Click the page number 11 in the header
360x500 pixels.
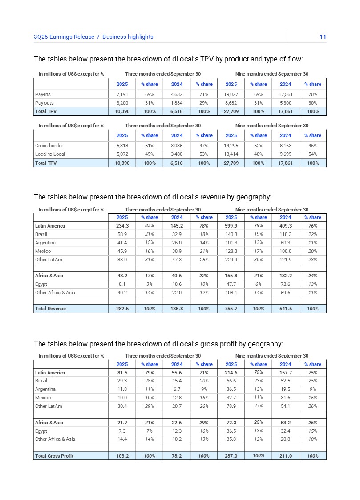point(323,37)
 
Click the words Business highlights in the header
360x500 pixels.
point(128,37)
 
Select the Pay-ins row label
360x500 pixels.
point(43,94)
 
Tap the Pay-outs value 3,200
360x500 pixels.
point(122,103)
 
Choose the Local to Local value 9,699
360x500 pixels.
point(285,154)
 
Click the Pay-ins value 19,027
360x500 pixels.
point(231,94)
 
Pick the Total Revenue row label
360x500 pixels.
point(50,309)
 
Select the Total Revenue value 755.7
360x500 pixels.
point(231,309)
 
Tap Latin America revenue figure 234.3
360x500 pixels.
point(122,226)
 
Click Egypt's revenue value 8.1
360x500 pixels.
point(122,284)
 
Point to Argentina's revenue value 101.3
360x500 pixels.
point(231,243)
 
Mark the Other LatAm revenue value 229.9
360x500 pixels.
point(231,260)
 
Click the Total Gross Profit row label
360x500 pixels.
point(54,456)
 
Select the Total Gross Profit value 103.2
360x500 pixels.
point(122,456)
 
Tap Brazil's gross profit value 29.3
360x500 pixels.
point(122,381)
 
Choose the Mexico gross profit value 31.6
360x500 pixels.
point(285,398)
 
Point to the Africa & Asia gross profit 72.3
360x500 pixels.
point(231,423)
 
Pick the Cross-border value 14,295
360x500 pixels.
point(231,146)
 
